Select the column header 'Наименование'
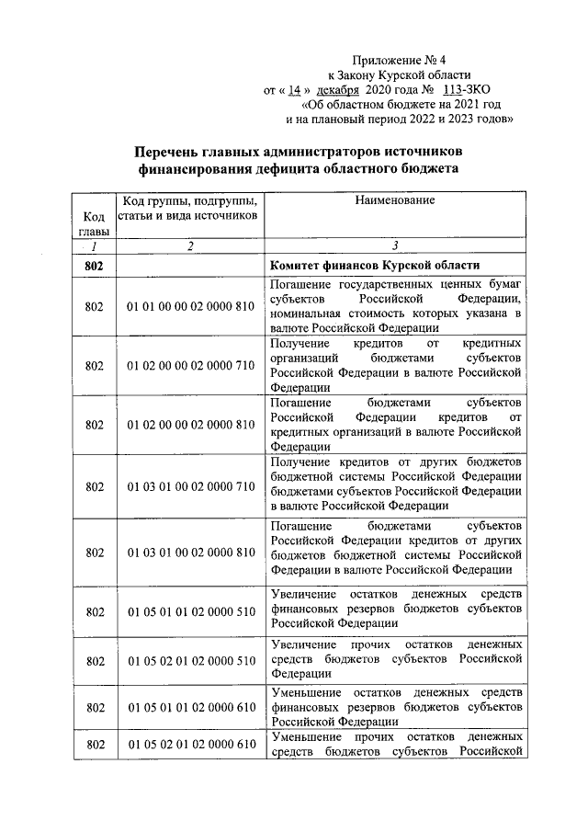[395, 199]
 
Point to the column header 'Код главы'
[93, 222]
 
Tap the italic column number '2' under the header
[190, 246]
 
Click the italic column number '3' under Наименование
[395, 246]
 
